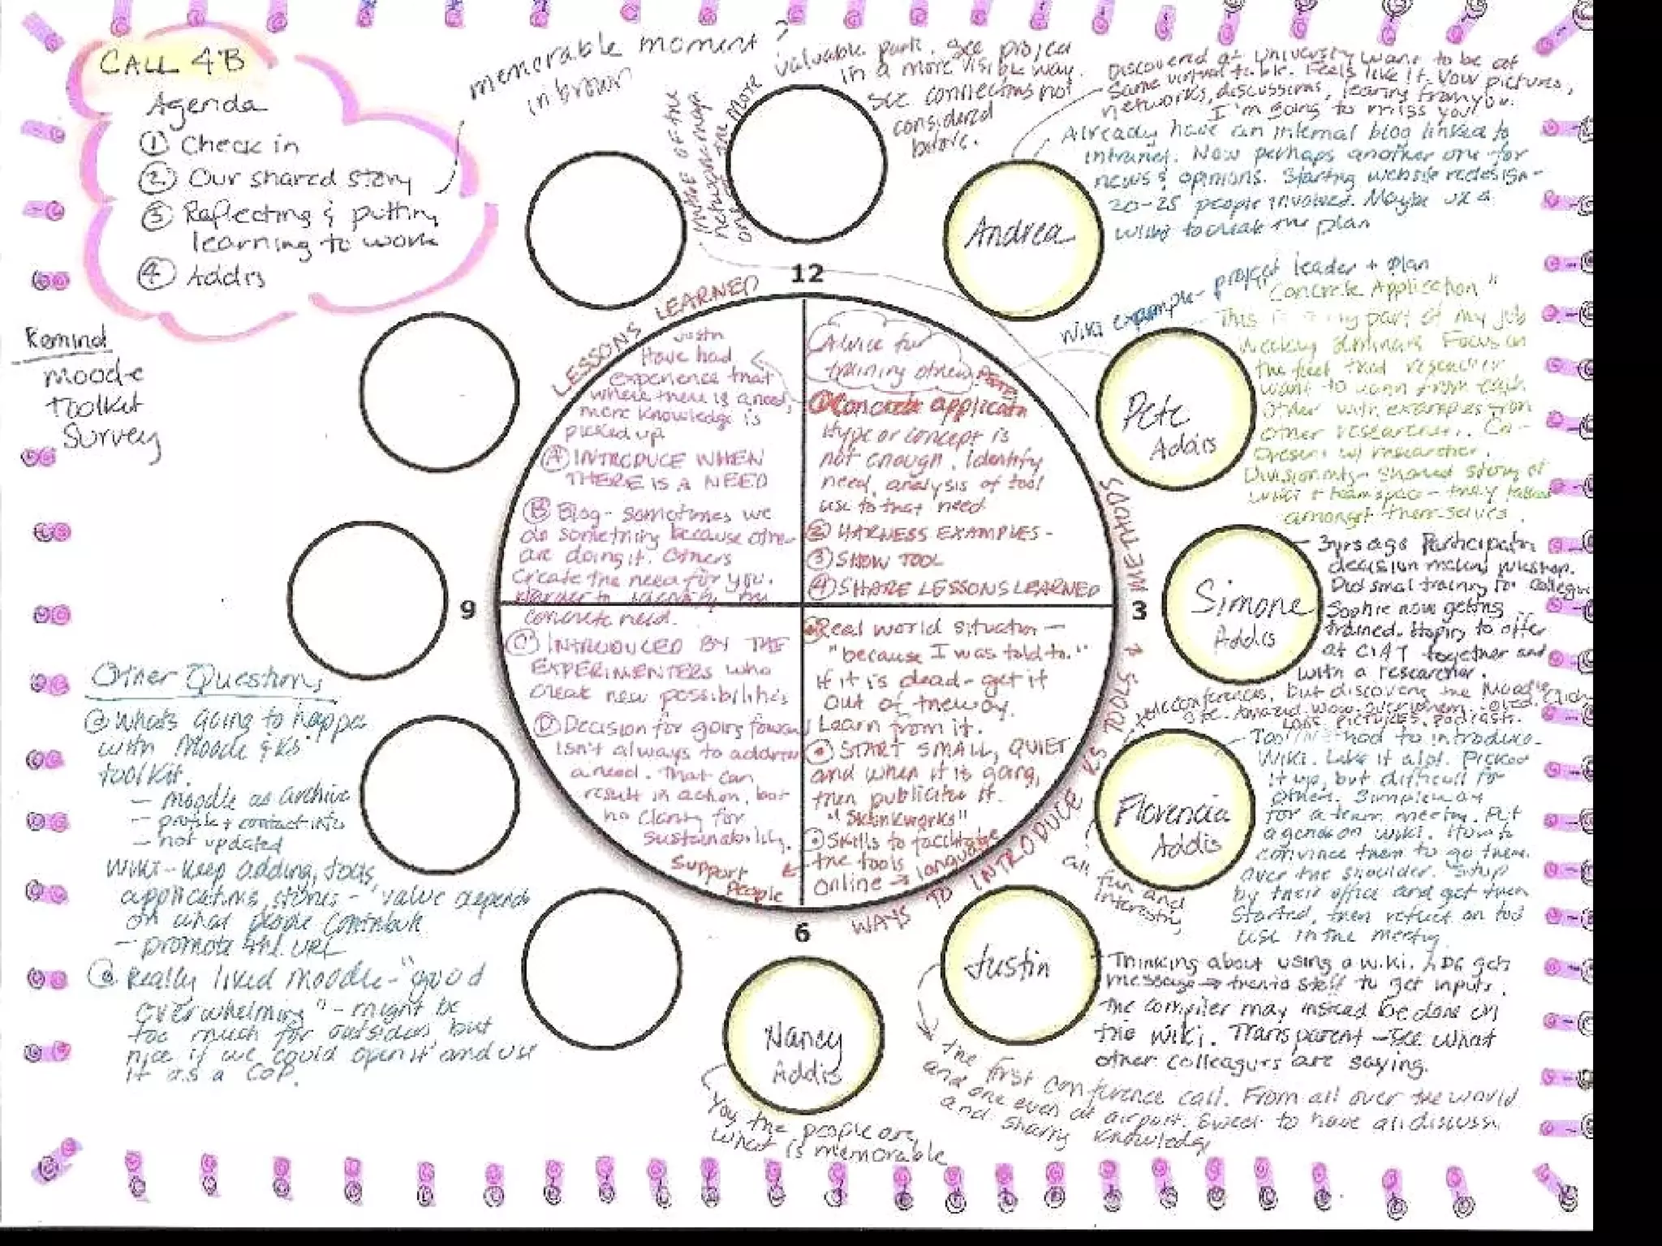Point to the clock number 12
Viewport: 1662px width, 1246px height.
pyautogui.click(x=807, y=273)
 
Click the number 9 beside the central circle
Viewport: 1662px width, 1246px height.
pyautogui.click(x=467, y=610)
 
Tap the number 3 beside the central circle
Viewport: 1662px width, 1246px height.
pyautogui.click(x=1139, y=610)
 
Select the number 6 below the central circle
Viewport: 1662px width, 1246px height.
pyautogui.click(x=802, y=933)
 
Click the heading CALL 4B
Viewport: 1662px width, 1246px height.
pyautogui.click(x=172, y=63)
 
